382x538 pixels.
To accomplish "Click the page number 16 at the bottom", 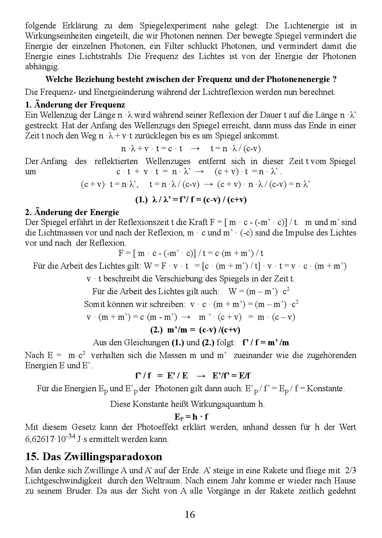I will click(x=190, y=514).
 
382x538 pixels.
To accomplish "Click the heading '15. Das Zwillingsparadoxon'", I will click(x=94, y=457).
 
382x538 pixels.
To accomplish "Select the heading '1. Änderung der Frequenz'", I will click(x=75, y=105).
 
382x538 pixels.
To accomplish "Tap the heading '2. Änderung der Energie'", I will click(x=72, y=212).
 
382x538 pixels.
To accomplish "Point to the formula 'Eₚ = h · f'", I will click(x=191, y=417).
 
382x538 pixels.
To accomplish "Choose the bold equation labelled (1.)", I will click(x=191, y=200).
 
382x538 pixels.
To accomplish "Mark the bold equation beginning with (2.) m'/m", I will click(x=195, y=330).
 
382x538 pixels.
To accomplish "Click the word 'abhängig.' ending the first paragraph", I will click(x=42, y=67).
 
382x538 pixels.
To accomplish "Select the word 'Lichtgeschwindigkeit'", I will click(x=64, y=480).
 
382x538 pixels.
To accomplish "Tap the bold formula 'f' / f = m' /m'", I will click(x=265, y=343).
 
